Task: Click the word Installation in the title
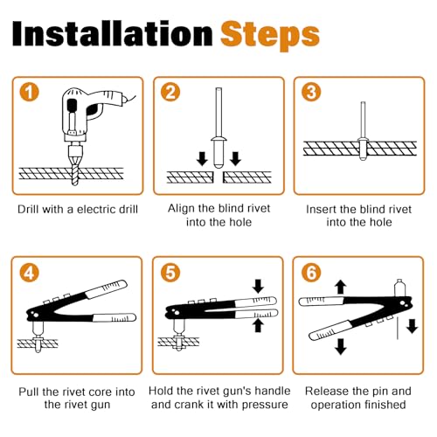coord(113,33)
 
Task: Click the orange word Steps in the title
coord(270,37)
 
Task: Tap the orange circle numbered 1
coord(29,92)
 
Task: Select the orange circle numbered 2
coord(170,92)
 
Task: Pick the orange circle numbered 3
coord(311,92)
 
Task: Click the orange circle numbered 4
coord(29,273)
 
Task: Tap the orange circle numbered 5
coord(170,273)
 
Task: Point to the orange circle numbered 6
coord(311,273)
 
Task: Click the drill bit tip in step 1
coord(75,184)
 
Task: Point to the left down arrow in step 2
coord(202,159)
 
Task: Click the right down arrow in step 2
coord(235,159)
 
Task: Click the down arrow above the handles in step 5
coord(258,286)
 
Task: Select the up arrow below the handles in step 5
coord(258,325)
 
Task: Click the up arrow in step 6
coord(340,288)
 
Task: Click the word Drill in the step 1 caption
coord(27,209)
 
